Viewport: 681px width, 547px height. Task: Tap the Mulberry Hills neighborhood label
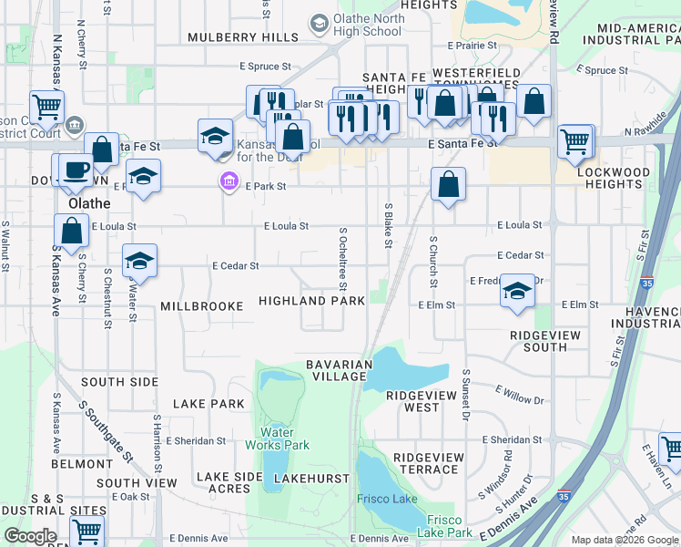tap(243, 37)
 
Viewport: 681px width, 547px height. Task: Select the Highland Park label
tap(311, 301)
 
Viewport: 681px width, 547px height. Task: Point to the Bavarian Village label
tap(339, 370)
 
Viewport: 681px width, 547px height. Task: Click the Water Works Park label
tap(278, 439)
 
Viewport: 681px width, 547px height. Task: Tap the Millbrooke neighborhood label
tap(202, 306)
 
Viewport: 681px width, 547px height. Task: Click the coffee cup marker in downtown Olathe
tap(76, 170)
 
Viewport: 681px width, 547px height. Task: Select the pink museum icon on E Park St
tap(228, 182)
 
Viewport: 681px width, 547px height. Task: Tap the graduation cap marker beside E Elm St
tap(517, 292)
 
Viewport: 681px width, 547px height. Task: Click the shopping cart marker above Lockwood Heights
tap(575, 141)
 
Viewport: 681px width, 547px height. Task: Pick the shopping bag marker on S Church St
tap(448, 185)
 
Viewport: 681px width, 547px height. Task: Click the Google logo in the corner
tap(30, 536)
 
